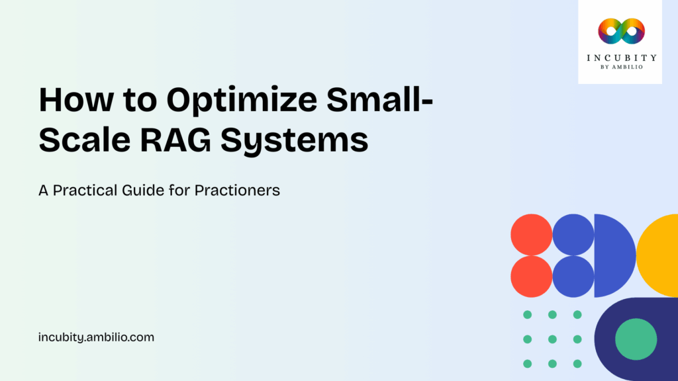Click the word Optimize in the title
[x=222, y=101]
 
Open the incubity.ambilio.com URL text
[x=97, y=337]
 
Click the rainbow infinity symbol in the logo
[x=620, y=30]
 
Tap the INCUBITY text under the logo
[x=620, y=58]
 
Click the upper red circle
[x=531, y=235]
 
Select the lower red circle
[x=531, y=276]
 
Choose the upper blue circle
[x=573, y=235]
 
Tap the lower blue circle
[x=573, y=276]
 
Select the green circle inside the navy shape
[x=636, y=339]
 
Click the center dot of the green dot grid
[x=552, y=339]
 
